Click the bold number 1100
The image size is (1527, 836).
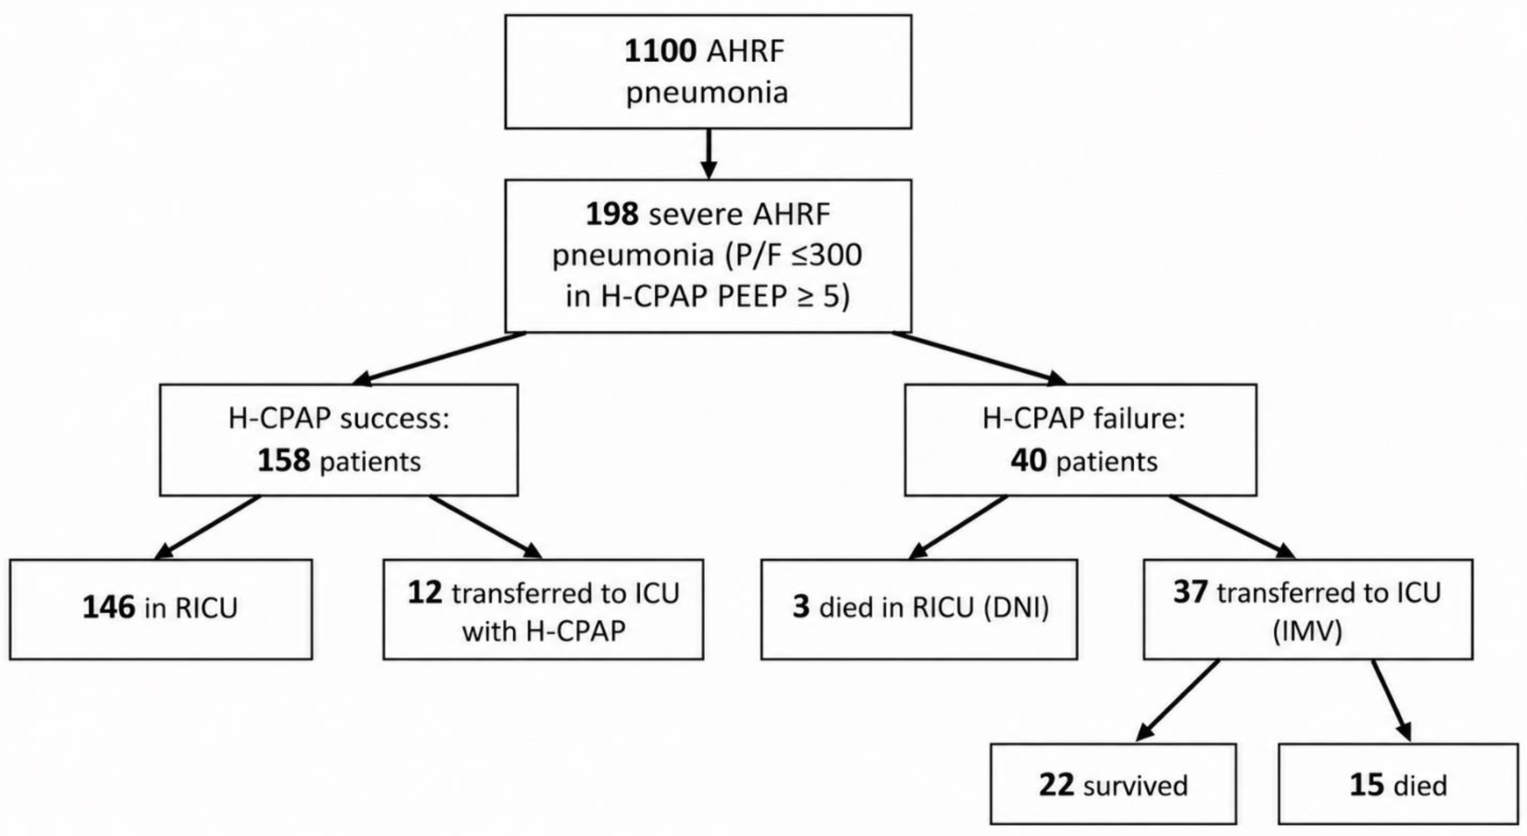[660, 51]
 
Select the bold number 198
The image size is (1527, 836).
[612, 214]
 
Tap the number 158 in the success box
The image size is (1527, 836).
[283, 461]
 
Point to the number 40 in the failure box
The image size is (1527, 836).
[1028, 461]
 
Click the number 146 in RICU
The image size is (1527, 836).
[108, 607]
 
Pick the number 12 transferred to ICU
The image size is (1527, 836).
[425, 593]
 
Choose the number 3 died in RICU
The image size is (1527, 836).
[801, 607]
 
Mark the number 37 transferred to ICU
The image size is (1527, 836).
[1190, 593]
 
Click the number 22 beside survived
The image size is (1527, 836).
[1056, 785]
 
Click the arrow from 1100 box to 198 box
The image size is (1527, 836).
[708, 154]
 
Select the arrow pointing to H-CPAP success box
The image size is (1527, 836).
[439, 358]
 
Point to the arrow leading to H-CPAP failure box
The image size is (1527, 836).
[979, 358]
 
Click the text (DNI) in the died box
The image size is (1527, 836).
[1016, 607]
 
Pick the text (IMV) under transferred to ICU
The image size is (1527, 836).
[1307, 632]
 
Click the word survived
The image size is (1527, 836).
[1135, 786]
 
